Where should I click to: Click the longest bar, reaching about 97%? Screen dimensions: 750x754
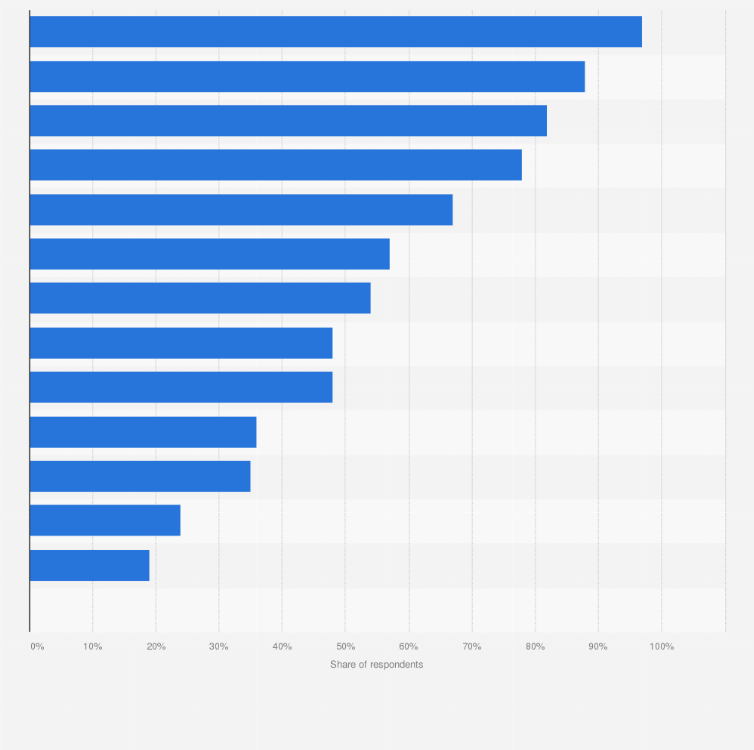335,32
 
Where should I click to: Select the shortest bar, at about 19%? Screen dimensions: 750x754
89,565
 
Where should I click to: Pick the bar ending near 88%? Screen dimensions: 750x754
307,77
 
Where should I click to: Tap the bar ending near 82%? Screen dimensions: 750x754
288,121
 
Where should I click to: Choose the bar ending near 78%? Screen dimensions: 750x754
275,165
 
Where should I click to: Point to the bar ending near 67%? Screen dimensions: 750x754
241,210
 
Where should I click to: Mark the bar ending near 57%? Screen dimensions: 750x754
209,254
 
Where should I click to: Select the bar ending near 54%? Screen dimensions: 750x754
200,298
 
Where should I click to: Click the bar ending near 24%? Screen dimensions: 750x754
105,520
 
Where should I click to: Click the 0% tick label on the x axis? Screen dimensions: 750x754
37,647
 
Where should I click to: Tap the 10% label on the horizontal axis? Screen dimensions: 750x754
92,647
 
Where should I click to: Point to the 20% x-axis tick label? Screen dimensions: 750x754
156,647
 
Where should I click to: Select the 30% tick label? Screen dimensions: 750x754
219,647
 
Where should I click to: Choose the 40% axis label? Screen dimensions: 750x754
282,647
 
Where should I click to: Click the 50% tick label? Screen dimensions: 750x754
345,647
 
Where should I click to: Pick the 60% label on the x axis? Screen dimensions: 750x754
409,647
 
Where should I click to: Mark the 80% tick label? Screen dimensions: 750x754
535,647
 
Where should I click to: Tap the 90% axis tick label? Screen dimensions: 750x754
598,647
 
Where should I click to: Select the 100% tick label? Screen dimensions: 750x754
662,647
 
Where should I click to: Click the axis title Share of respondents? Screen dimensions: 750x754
377,665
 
